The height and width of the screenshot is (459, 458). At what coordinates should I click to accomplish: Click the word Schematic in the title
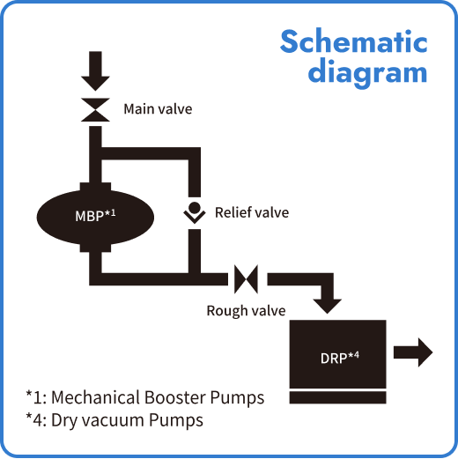353,41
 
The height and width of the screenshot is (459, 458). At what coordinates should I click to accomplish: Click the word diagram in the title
366,71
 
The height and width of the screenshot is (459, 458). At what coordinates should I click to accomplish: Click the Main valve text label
158,109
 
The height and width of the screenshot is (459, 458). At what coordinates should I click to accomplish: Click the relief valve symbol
195,212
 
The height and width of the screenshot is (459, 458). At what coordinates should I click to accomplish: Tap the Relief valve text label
251,212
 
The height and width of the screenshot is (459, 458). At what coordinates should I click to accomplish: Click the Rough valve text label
246,310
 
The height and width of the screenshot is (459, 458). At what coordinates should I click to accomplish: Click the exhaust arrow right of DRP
413,353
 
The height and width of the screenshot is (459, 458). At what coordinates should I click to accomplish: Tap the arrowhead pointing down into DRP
329,302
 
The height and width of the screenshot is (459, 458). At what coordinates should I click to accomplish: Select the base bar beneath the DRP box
338,397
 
